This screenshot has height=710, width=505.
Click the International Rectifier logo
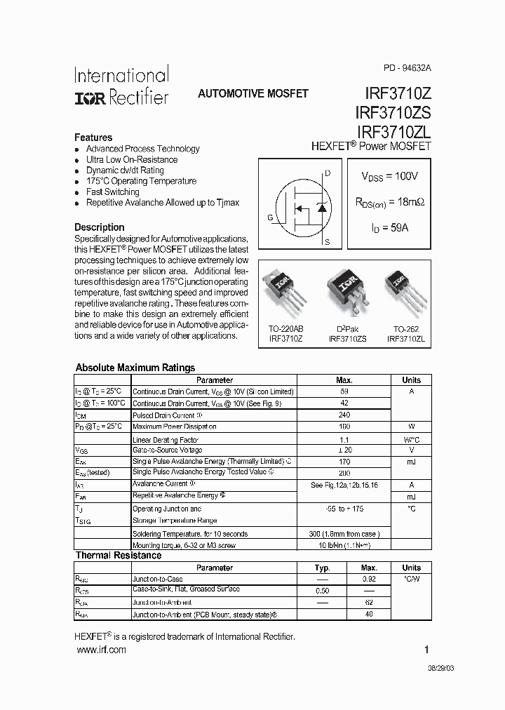(122, 86)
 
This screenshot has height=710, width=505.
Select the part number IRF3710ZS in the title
(393, 112)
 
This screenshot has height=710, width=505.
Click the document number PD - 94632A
(408, 68)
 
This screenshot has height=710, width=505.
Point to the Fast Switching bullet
(112, 192)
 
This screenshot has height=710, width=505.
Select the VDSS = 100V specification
(389, 175)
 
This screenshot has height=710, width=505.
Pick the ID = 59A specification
(389, 228)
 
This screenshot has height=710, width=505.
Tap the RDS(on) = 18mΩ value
(389, 202)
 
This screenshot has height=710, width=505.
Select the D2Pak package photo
(346, 290)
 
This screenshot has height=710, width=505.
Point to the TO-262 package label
(405, 328)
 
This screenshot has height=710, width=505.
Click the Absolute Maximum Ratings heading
(135, 368)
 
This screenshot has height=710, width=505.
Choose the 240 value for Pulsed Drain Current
(344, 415)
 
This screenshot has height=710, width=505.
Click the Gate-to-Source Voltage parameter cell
(168, 450)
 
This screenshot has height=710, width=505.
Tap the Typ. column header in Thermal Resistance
(322, 568)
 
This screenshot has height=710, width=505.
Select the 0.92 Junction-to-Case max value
(369, 579)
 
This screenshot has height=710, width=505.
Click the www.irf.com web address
(100, 650)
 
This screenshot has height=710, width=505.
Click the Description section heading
(100, 227)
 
